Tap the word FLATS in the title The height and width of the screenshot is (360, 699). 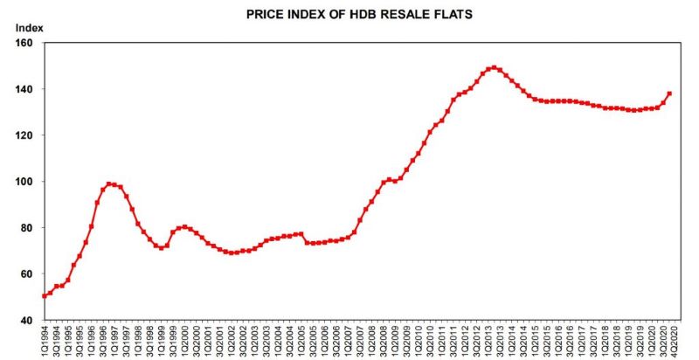tap(434, 15)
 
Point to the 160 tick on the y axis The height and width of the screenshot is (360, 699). tap(24, 43)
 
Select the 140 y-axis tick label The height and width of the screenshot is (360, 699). tap(24, 89)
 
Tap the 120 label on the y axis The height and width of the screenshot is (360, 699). tap(24, 135)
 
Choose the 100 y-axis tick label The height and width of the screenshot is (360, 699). tap(24, 182)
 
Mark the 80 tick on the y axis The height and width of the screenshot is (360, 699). tap(26, 228)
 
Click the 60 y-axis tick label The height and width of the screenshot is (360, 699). tap(26, 274)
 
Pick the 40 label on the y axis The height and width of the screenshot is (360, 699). tap(26, 321)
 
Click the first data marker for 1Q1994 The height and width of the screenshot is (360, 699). tap(45, 296)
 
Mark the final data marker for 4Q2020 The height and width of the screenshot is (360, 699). tap(669, 93)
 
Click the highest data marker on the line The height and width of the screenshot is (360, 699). tap(494, 67)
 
